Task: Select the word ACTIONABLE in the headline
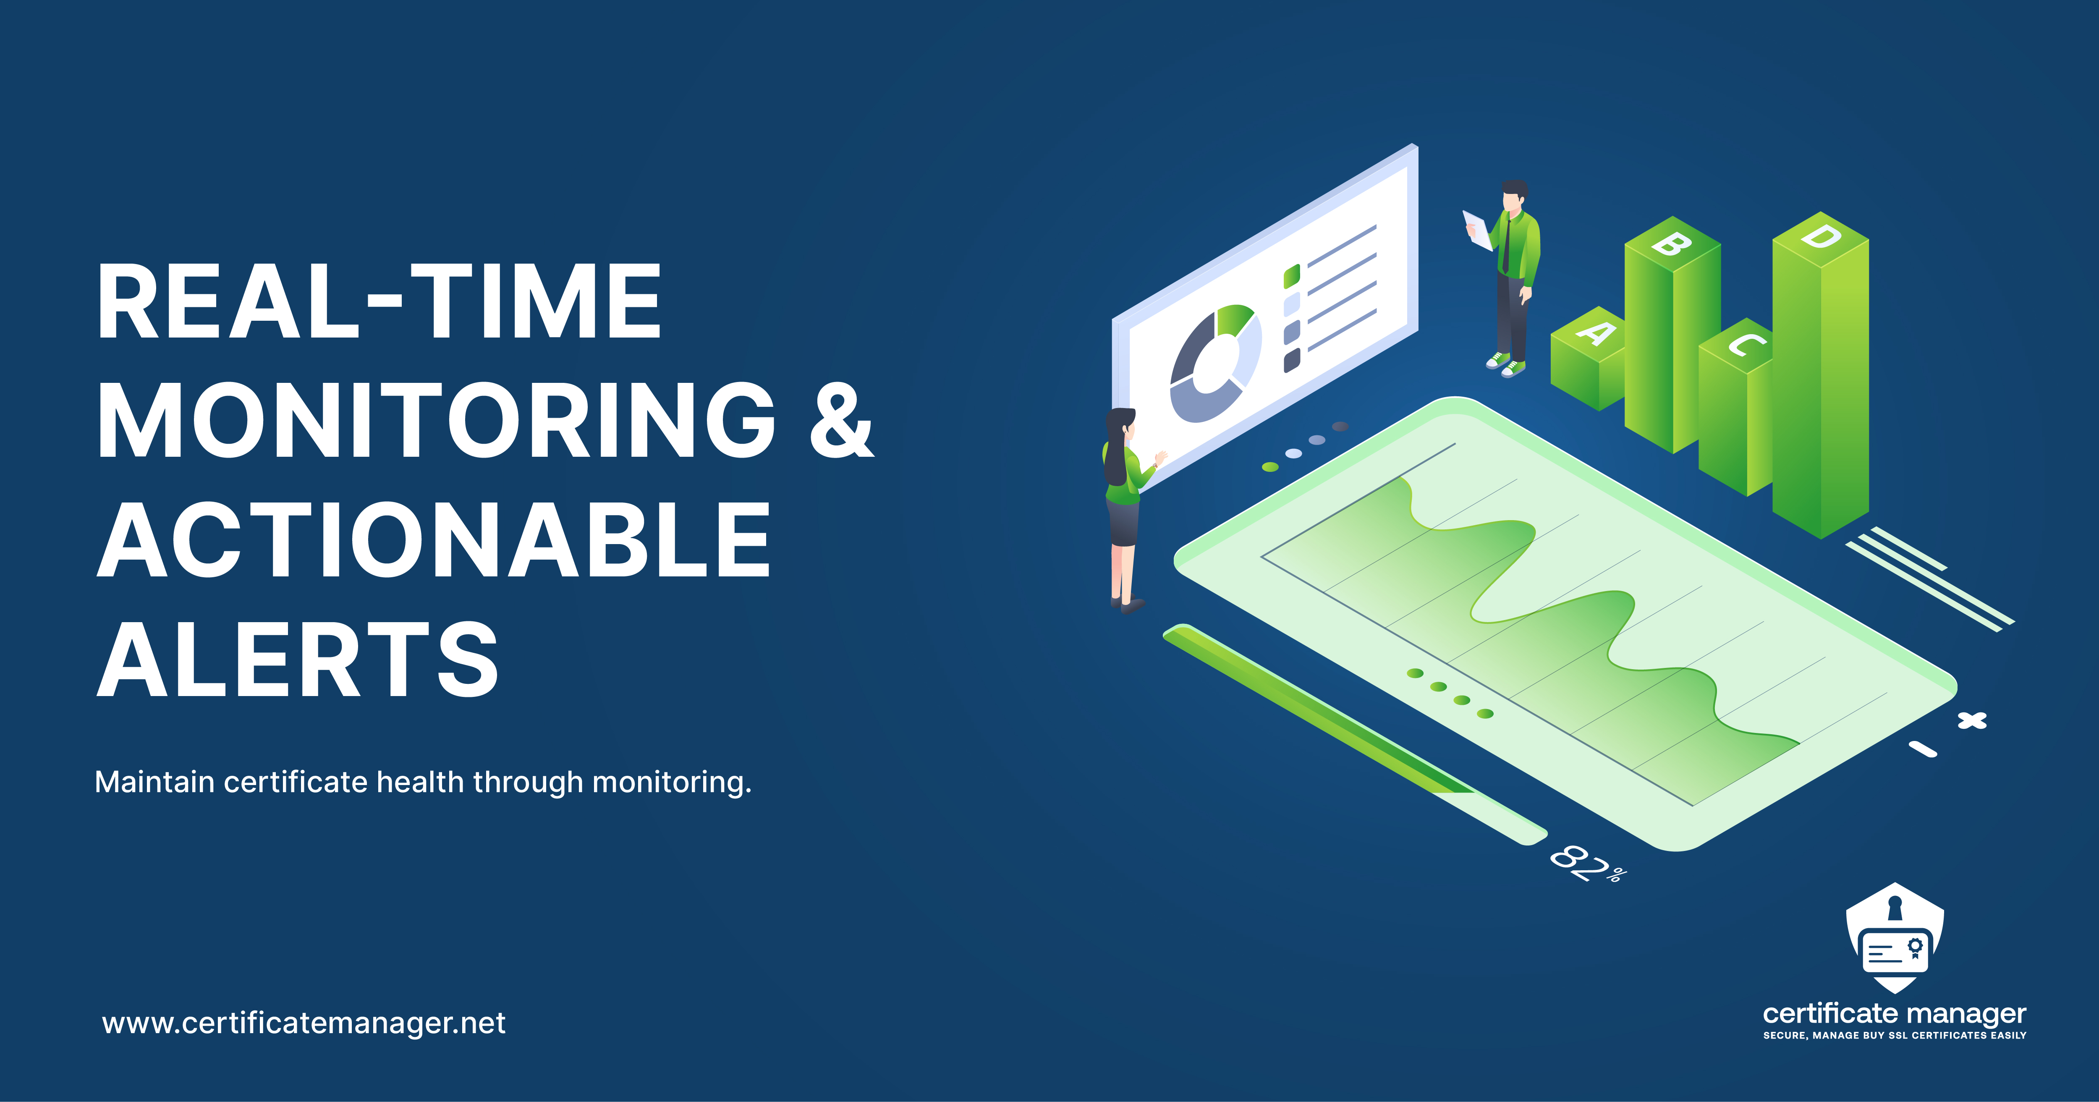434,539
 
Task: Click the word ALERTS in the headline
297,659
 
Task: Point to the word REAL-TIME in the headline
379,301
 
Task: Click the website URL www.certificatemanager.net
304,1023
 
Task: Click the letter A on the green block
1595,332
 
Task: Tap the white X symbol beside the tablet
1972,720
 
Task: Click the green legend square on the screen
1291,275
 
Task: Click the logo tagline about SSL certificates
1895,1035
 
